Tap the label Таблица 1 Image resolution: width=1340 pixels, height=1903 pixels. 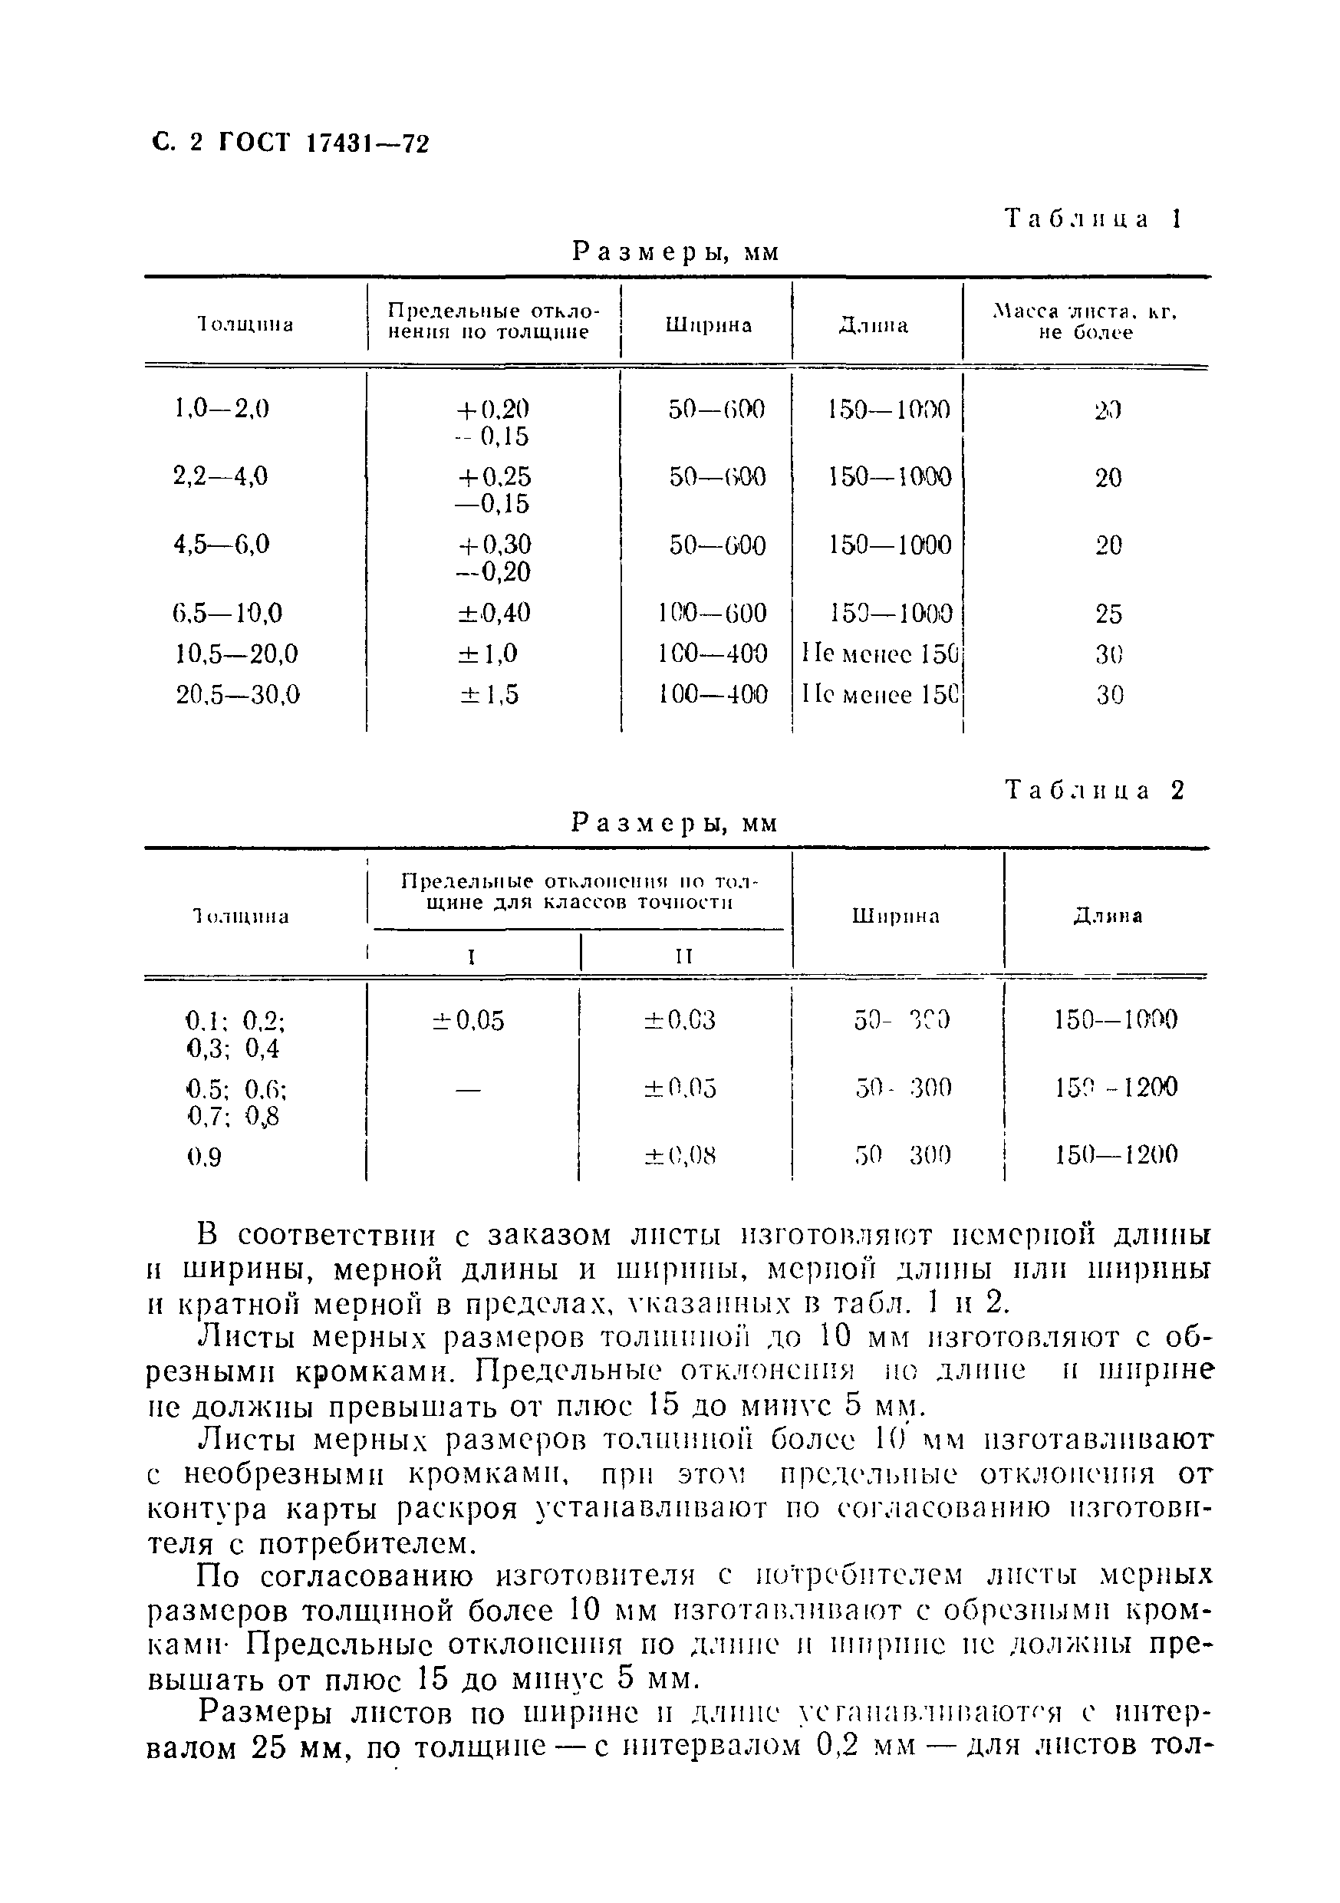point(1093,219)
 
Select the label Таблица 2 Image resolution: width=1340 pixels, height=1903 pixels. point(1095,790)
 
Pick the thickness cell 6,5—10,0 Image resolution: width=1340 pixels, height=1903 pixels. point(227,613)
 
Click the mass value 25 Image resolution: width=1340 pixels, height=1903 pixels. point(1108,614)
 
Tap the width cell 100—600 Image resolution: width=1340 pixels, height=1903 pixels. point(712,613)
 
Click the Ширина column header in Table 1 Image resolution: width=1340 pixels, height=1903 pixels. point(708,325)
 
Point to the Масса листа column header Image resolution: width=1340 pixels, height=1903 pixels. point(1085,322)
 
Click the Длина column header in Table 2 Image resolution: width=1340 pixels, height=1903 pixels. point(1107,916)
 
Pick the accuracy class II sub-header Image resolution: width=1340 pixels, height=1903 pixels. point(683,956)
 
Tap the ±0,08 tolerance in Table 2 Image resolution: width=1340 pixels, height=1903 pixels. point(680,1154)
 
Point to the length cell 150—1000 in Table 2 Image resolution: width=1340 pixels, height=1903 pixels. point(1115,1019)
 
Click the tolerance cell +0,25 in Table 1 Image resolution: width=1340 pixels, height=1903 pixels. point(492,476)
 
